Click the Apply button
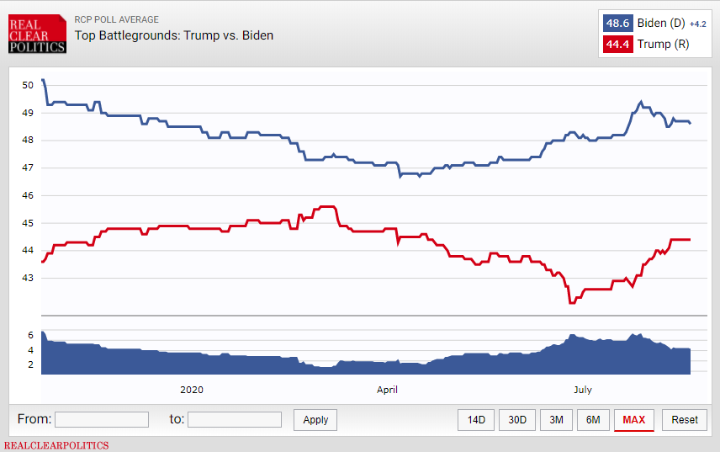(x=315, y=420)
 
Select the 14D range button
(x=476, y=420)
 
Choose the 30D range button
(x=517, y=420)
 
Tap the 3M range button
(x=556, y=420)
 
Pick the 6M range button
(x=593, y=420)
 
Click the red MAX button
(x=633, y=420)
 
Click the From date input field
(x=102, y=419)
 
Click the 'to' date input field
(x=235, y=419)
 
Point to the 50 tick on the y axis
(x=28, y=85)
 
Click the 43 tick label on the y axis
(x=28, y=278)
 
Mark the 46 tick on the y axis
(x=28, y=195)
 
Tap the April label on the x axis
(x=387, y=390)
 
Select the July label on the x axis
(x=583, y=390)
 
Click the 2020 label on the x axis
(x=192, y=390)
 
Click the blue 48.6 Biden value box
(x=617, y=23)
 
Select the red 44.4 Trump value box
(x=617, y=44)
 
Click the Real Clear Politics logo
(x=37, y=34)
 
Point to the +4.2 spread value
(x=698, y=24)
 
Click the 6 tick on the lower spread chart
(x=31, y=335)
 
